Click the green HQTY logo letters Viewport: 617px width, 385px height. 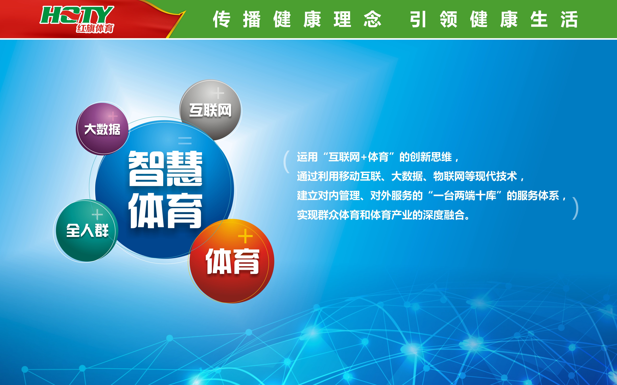point(77,15)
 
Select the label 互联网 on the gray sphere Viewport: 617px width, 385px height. point(210,110)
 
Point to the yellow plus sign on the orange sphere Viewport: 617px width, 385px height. point(245,236)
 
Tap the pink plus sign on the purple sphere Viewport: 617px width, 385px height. point(113,116)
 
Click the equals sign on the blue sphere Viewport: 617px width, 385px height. point(185,141)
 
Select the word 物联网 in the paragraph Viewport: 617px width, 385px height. point(449,176)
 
